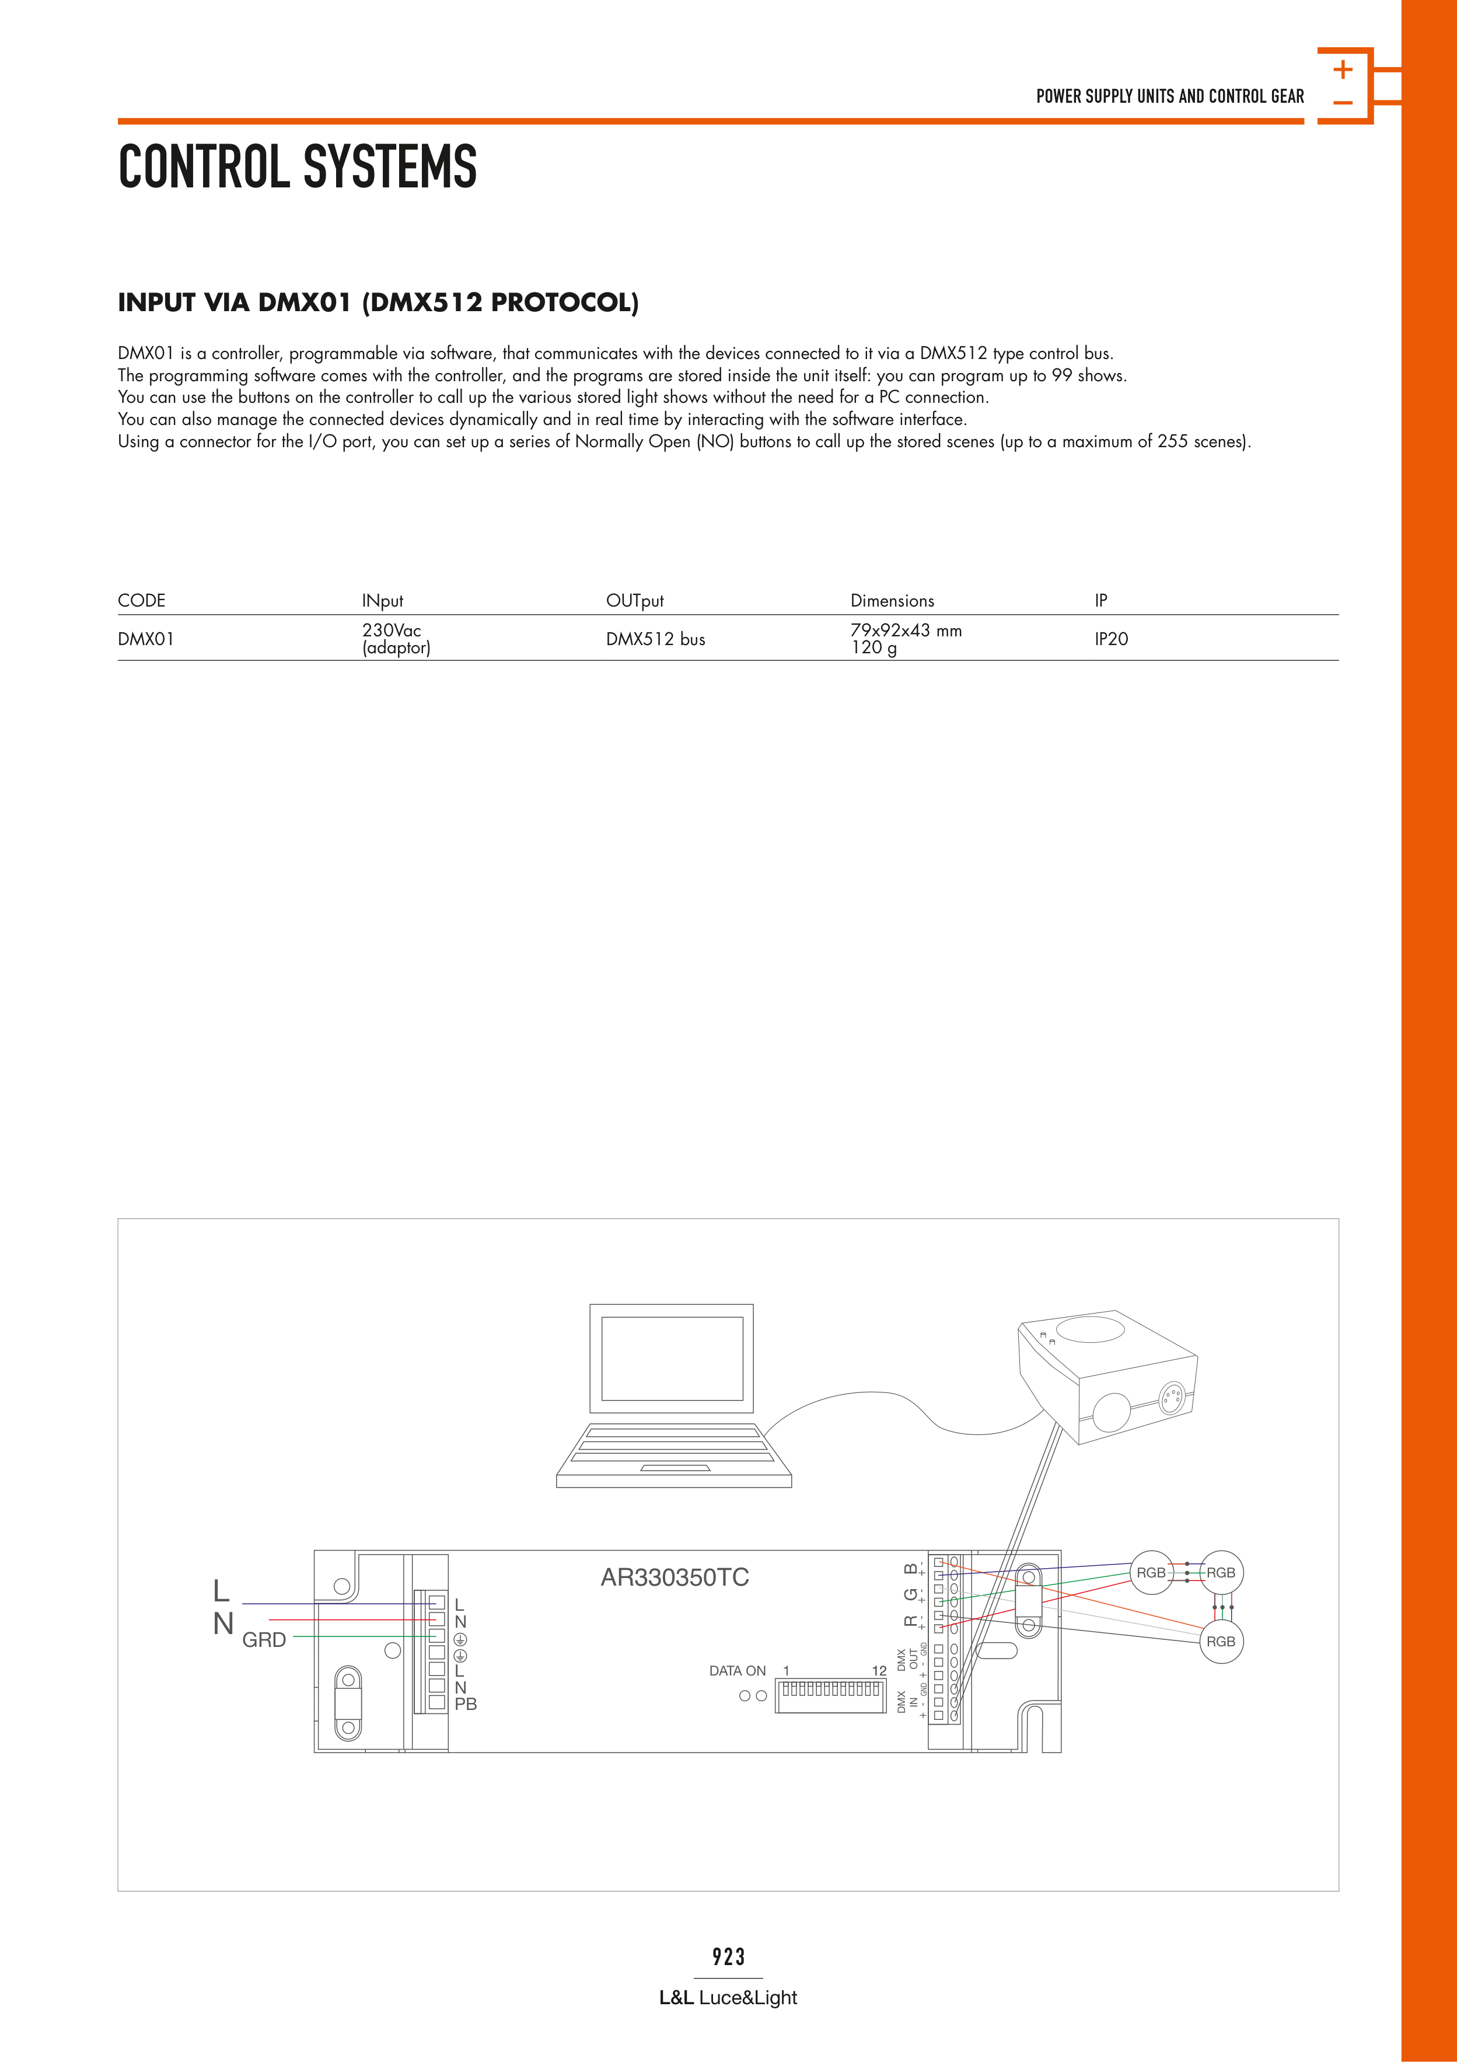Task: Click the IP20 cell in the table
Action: (x=1110, y=639)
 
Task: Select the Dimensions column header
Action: (x=892, y=601)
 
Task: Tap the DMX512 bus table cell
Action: (x=655, y=639)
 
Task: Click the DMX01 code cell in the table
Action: (x=145, y=639)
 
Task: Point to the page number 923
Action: (x=728, y=1956)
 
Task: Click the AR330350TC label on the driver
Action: (x=674, y=1577)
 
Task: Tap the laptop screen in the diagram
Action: (x=672, y=1358)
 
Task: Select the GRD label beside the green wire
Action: (x=264, y=1640)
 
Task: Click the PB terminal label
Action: (x=466, y=1704)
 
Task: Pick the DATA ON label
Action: (x=737, y=1670)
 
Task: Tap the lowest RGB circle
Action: (x=1220, y=1642)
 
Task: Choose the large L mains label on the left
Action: (x=221, y=1590)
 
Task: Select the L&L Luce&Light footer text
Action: (x=728, y=1997)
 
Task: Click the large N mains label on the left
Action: (x=223, y=1624)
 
